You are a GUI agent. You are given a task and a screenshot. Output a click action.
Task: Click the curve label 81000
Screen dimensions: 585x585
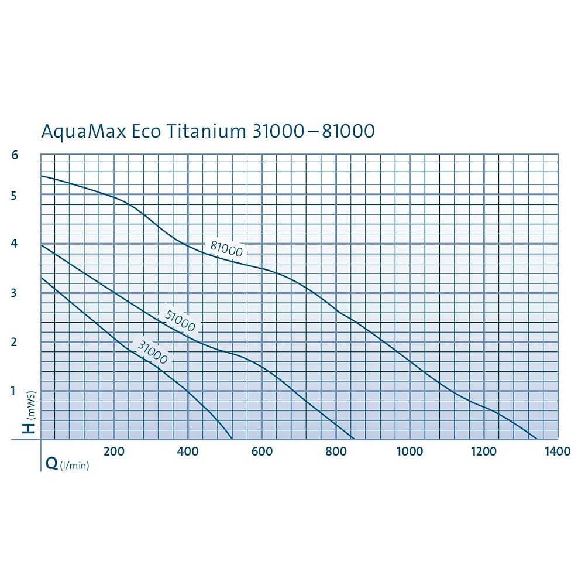(226, 249)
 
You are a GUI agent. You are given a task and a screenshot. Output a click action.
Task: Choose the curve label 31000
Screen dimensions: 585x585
(152, 351)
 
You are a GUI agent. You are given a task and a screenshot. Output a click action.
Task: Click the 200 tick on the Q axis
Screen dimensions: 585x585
(113, 451)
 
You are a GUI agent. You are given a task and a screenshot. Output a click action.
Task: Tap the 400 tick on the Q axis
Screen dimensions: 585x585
(187, 451)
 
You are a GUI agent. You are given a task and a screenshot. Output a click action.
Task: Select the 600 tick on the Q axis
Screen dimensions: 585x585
(261, 451)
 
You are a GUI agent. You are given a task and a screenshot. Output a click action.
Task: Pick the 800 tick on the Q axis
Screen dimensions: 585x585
(336, 451)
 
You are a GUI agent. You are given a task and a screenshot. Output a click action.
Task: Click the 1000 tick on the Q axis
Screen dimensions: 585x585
(409, 451)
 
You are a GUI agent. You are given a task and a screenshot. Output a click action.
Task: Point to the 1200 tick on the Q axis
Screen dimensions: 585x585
(484, 451)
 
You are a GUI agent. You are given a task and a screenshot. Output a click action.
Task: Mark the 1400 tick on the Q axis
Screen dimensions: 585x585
(558, 451)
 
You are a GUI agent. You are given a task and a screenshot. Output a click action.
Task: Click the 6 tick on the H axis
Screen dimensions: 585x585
(15, 155)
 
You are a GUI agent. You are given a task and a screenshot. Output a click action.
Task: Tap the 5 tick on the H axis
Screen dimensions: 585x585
(15, 195)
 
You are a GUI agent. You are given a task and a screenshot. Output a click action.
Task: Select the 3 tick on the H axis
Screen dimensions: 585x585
(15, 293)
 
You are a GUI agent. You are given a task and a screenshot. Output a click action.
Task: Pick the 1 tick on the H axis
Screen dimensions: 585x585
(15, 391)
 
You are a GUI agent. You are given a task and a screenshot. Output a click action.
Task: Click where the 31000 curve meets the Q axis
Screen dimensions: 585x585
(232, 439)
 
